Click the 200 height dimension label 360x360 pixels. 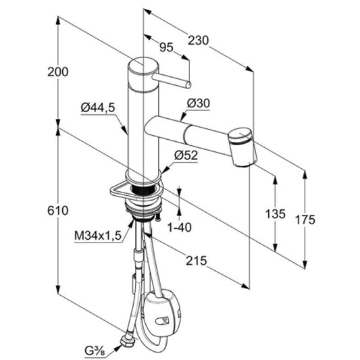pyautogui.click(x=58, y=72)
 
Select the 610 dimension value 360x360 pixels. pyautogui.click(x=58, y=211)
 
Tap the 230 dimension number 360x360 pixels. pyautogui.click(x=199, y=41)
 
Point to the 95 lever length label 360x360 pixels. pyautogui.click(x=166, y=47)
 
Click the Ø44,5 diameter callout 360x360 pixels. pyautogui.click(x=98, y=107)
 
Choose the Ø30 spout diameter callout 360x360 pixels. pyautogui.click(x=199, y=103)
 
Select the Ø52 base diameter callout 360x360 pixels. pyautogui.click(x=186, y=155)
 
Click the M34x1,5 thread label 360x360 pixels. pyautogui.click(x=98, y=236)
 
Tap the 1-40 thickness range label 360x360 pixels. pyautogui.click(x=180, y=228)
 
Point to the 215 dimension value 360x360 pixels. pyautogui.click(x=197, y=261)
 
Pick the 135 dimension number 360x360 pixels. pyautogui.click(x=276, y=214)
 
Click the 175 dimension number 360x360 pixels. pyautogui.click(x=305, y=220)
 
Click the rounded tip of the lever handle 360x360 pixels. pyautogui.click(x=188, y=85)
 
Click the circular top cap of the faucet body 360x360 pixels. pyautogui.click(x=143, y=66)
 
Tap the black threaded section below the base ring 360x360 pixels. pyautogui.click(x=143, y=189)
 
